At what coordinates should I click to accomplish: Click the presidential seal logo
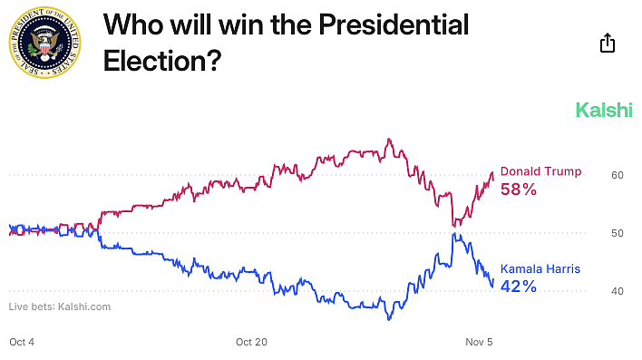(45, 44)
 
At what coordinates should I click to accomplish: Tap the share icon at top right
(608, 43)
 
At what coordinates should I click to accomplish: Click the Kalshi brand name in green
(604, 111)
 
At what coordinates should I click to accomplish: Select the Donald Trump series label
(540, 172)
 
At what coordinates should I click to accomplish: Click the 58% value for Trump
(519, 190)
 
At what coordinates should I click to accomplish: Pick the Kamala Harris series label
(540, 269)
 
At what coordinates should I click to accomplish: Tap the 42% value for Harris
(519, 287)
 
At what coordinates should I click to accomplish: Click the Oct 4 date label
(23, 342)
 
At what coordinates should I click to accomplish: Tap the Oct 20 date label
(251, 342)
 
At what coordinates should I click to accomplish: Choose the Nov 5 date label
(479, 342)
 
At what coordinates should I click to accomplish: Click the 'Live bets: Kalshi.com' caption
(60, 306)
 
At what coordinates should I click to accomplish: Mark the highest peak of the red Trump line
(389, 140)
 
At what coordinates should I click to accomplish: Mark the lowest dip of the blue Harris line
(389, 319)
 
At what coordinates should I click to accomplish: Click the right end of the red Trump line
(492, 172)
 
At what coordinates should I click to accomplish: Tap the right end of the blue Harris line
(492, 287)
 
